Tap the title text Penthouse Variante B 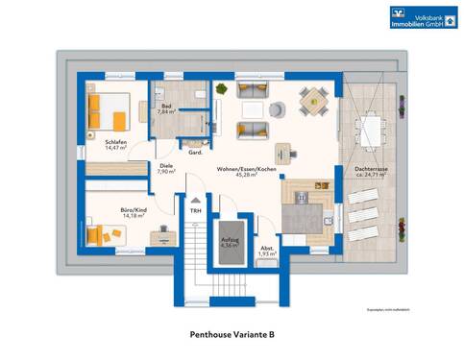(231, 335)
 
